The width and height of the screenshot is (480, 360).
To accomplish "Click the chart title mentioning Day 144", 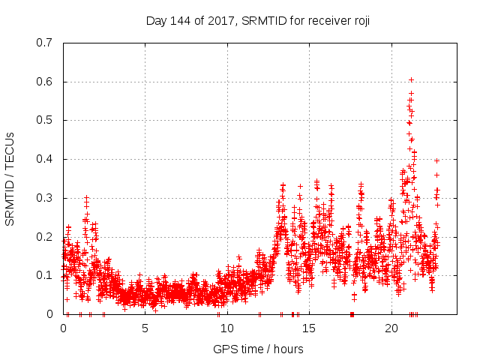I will point(257,21).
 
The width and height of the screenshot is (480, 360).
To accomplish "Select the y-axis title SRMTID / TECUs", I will point(10,178).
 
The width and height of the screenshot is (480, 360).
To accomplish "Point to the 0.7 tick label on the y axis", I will point(44,43).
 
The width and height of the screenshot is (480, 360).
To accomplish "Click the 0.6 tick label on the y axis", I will point(44,82).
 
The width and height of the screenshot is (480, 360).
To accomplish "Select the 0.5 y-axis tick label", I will point(44,120).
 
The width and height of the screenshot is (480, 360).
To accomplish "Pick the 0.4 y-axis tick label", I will point(44,159).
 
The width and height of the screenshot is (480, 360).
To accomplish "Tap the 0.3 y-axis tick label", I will point(44,198).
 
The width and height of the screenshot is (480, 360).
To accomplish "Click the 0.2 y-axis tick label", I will point(44,237).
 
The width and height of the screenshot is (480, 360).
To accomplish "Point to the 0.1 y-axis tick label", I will point(44,275).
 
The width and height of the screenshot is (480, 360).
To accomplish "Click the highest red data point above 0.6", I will point(411,79).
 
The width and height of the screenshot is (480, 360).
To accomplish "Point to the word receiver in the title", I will point(324,21).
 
